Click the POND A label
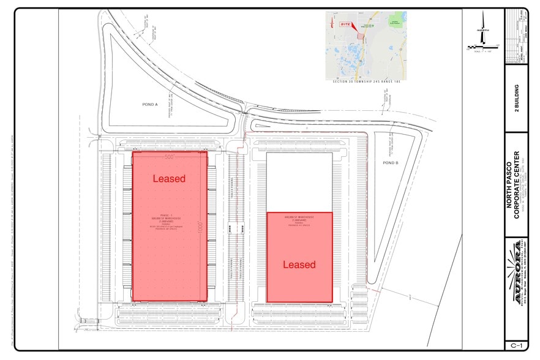150,105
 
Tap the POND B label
391,163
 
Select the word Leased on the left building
169,178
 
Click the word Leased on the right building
299,264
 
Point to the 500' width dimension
170,157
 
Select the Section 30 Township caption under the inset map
366,81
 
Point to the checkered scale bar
484,47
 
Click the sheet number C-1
516,345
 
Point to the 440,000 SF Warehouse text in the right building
299,221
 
